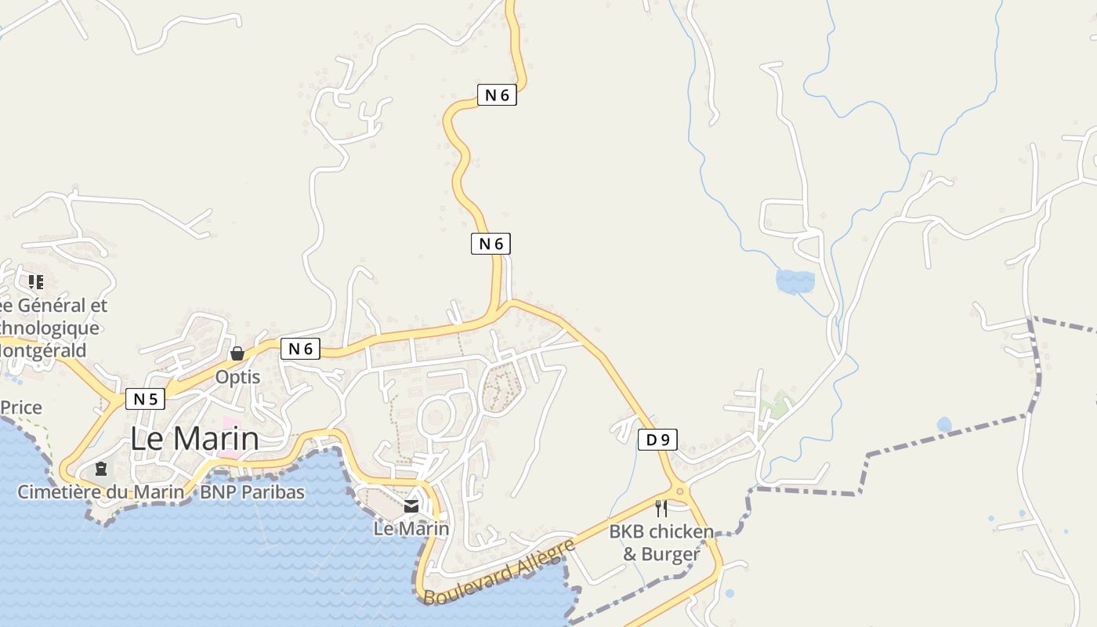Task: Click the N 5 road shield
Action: click(x=145, y=399)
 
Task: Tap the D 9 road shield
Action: click(x=657, y=440)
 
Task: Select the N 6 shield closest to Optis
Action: click(x=300, y=349)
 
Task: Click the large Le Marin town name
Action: click(x=194, y=438)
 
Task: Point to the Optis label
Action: click(x=237, y=377)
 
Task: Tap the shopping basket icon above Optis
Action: click(x=237, y=354)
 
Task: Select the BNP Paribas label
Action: click(x=252, y=492)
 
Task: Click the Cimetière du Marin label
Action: click(x=101, y=492)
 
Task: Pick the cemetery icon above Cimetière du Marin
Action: click(x=101, y=469)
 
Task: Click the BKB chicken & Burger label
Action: click(x=661, y=543)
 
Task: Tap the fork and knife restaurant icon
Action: click(x=661, y=509)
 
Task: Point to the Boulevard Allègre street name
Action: click(x=500, y=571)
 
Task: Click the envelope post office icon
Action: click(x=411, y=506)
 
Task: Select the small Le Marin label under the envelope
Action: click(x=411, y=528)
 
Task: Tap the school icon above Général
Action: click(x=35, y=281)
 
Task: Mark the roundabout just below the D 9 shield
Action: click(x=680, y=491)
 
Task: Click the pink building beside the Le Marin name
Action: click(x=229, y=442)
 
